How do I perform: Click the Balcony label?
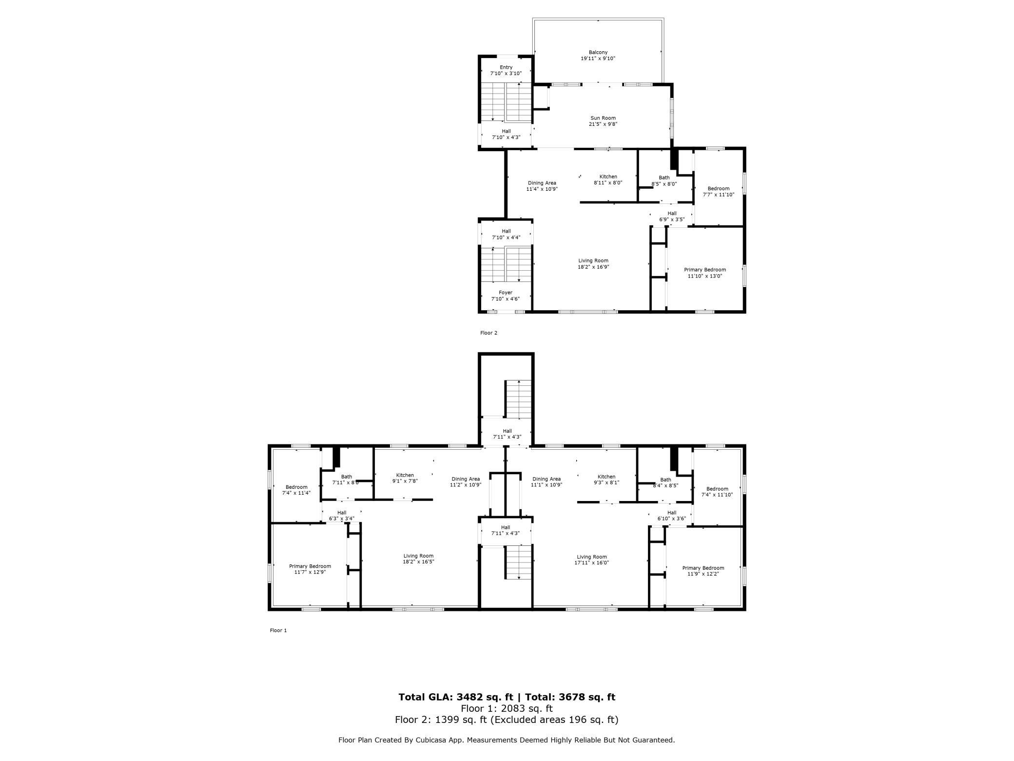click(598, 52)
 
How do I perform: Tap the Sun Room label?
click(603, 118)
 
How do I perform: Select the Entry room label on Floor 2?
click(506, 67)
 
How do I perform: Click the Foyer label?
click(506, 293)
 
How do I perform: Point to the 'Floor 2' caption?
click(488, 333)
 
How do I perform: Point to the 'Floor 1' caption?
click(278, 630)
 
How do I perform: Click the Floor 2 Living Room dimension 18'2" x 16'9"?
click(593, 267)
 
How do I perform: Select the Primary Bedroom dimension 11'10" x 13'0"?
click(705, 276)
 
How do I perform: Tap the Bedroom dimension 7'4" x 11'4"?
click(296, 493)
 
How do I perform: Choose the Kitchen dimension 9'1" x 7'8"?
click(405, 481)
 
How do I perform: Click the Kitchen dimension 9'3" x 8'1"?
click(606, 482)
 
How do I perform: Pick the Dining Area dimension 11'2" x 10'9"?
click(466, 485)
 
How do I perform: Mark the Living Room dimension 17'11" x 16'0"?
click(591, 562)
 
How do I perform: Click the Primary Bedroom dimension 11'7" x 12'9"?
click(310, 572)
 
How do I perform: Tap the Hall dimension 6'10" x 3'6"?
click(672, 519)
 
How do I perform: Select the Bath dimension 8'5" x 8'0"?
click(664, 184)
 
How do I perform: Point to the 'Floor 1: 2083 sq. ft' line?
click(507, 708)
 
